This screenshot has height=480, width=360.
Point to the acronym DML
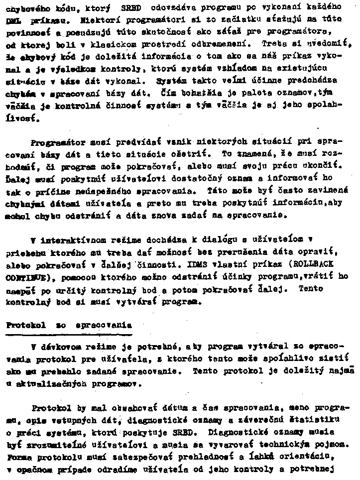pos(14,22)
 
